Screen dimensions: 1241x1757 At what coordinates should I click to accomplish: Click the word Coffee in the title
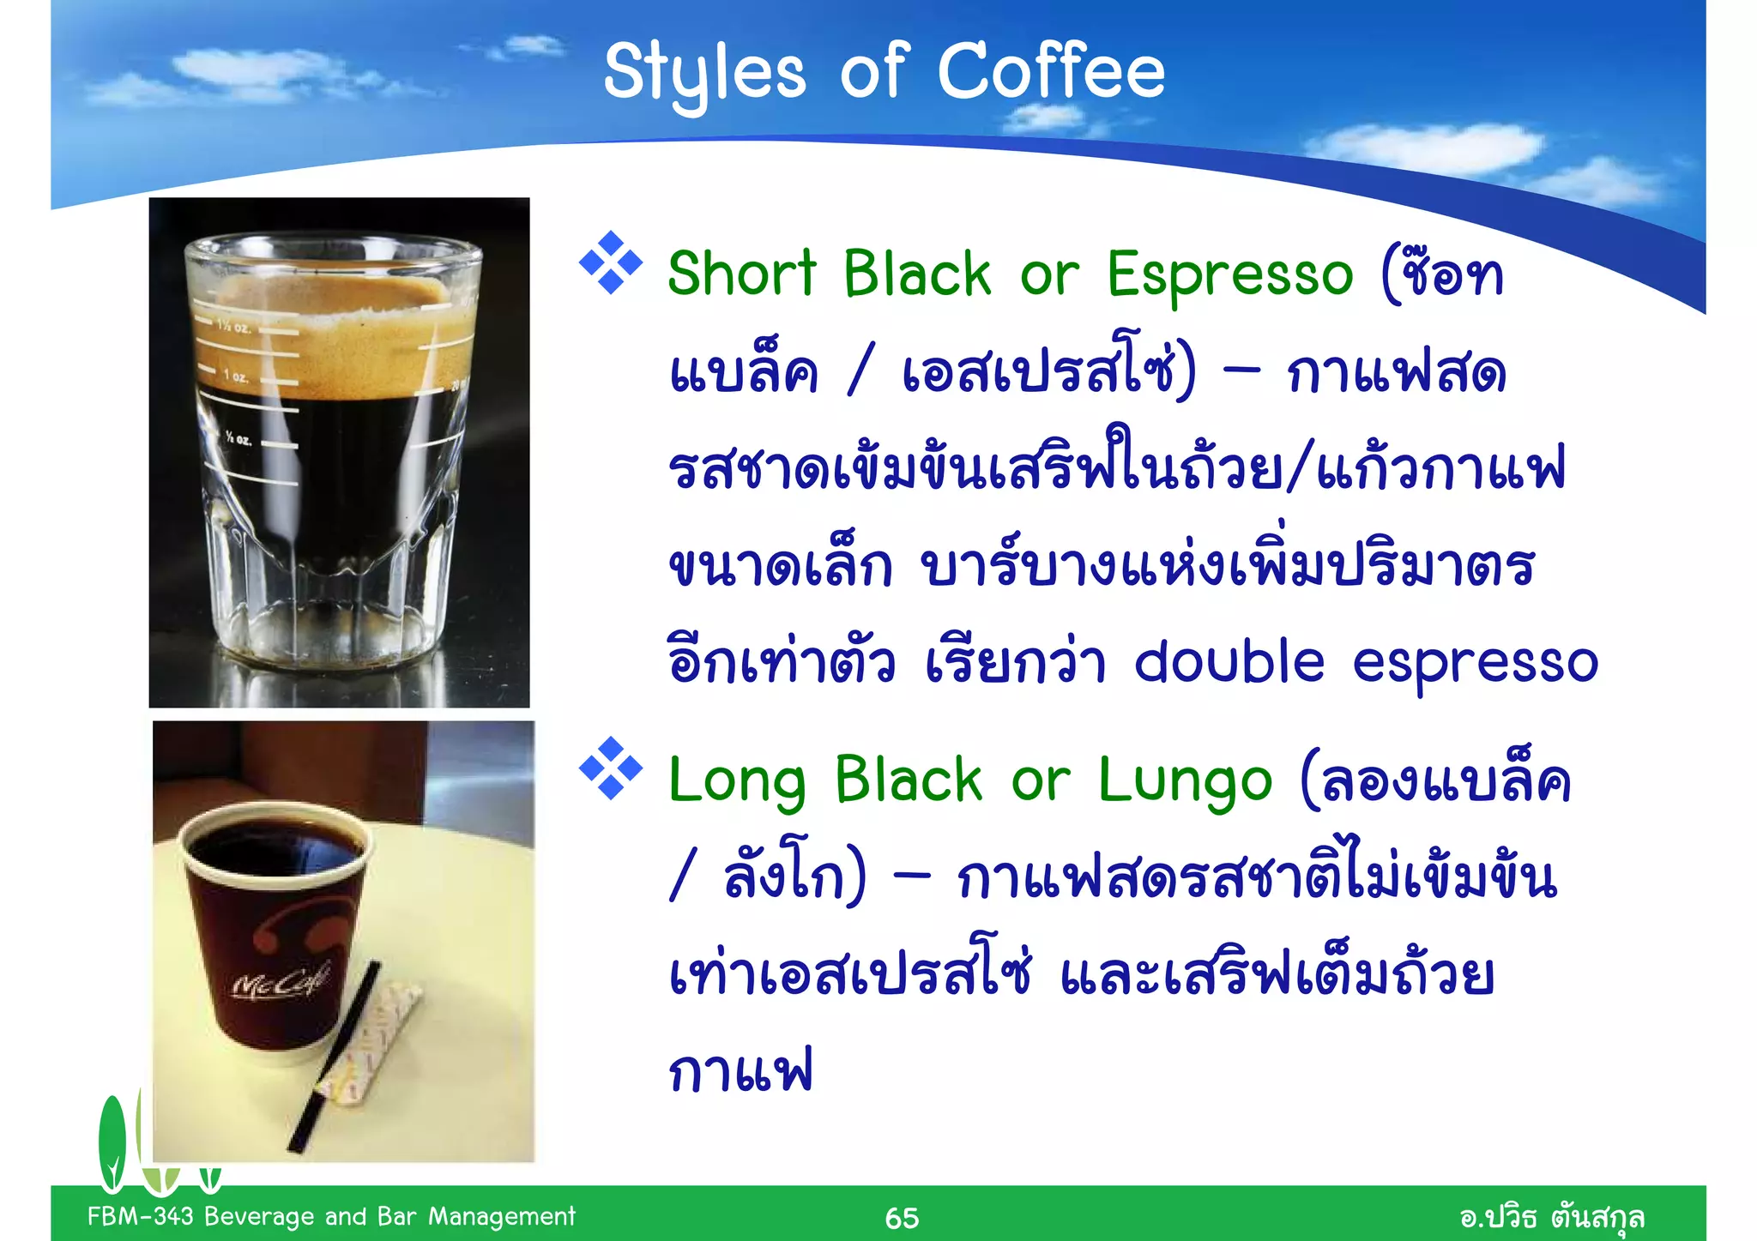point(1051,71)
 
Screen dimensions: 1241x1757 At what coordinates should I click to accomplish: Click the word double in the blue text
point(1229,663)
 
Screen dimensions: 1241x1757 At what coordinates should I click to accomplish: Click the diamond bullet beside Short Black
point(611,262)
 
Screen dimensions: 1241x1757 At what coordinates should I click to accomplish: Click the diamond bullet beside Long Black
point(611,768)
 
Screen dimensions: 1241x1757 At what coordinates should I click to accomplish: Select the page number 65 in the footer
point(902,1218)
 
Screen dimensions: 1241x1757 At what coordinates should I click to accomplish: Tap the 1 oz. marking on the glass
point(235,377)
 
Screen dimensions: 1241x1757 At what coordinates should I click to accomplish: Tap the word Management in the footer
point(501,1216)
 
